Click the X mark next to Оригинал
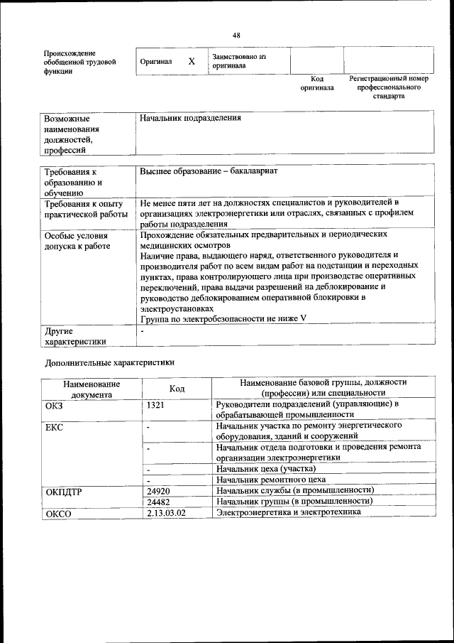pyautogui.click(x=192, y=62)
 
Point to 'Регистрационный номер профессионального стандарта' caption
pyautogui.click(x=389, y=87)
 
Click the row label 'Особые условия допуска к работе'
pyautogui.click(x=77, y=241)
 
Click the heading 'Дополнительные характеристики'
pyautogui.click(x=109, y=362)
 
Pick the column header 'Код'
pyautogui.click(x=177, y=389)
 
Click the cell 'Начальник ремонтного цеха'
pyautogui.click(x=271, y=480)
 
